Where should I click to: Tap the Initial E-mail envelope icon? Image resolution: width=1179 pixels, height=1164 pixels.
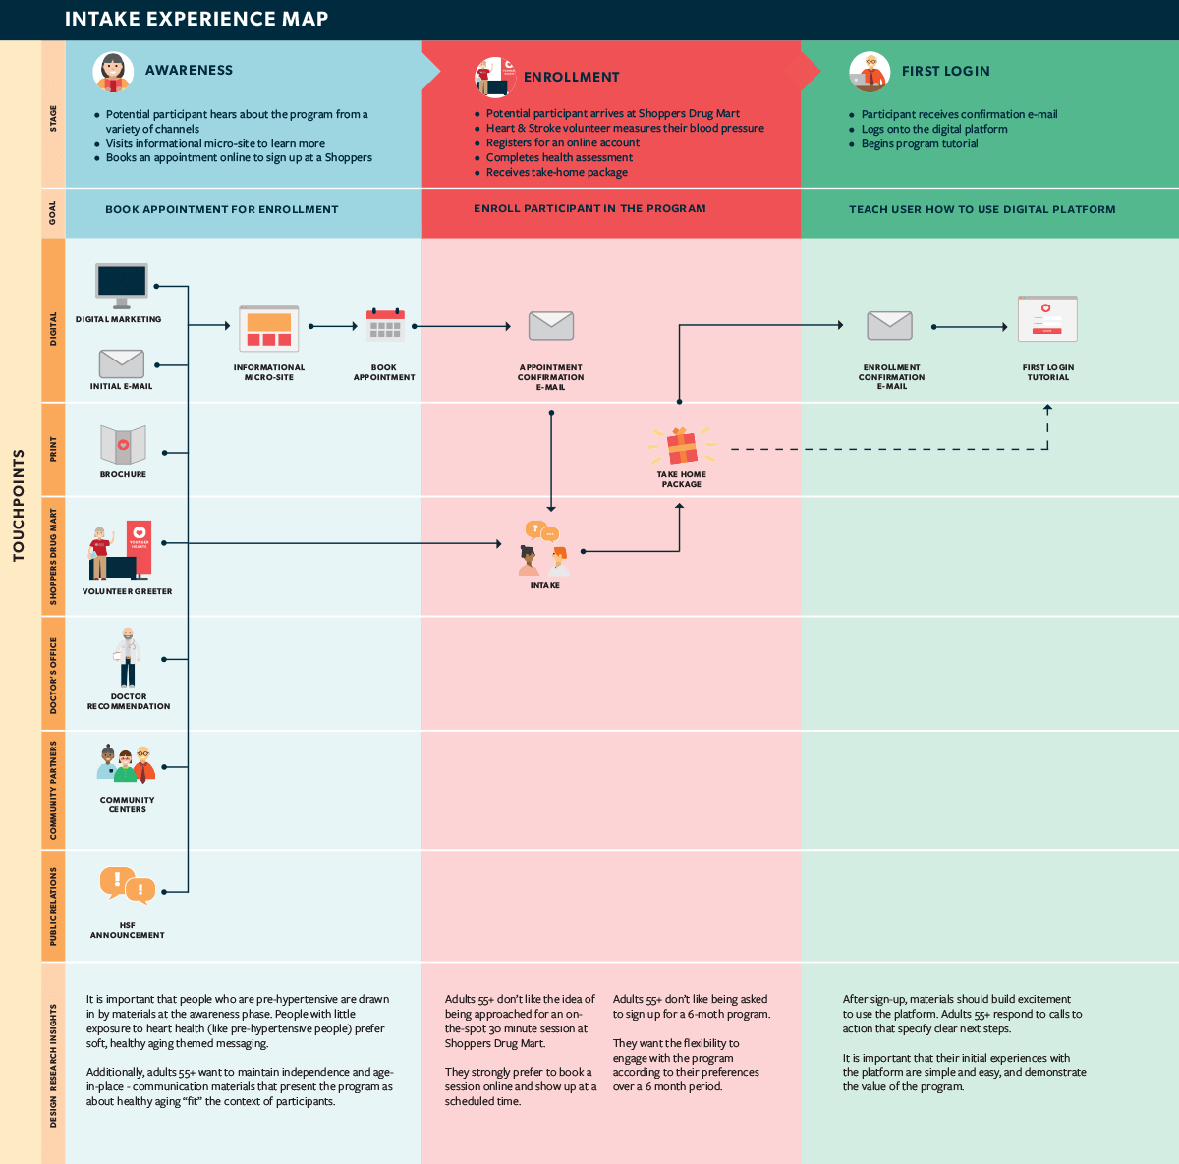[122, 363]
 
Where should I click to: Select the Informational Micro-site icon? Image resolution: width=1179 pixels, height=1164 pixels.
[269, 329]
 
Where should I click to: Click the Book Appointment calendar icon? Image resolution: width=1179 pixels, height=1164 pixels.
[384, 325]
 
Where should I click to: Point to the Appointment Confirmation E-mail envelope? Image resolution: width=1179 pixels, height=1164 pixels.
[550, 326]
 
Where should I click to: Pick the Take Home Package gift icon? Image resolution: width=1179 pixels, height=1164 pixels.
[681, 447]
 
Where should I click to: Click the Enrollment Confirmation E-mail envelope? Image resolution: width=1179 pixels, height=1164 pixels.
[890, 325]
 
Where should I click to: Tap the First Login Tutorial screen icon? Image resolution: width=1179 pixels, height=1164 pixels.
[1047, 319]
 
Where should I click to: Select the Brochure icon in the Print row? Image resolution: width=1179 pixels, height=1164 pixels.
[123, 445]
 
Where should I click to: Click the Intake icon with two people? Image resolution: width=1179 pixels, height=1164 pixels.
[544, 550]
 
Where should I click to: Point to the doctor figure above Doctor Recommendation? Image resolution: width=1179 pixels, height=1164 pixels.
[128, 656]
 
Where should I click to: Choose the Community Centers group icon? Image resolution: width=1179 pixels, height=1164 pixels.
[127, 765]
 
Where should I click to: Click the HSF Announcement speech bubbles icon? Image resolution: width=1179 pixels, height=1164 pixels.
[127, 885]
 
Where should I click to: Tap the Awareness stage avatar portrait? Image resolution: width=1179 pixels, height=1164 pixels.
[113, 72]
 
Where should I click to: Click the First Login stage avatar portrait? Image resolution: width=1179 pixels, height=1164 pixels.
[870, 72]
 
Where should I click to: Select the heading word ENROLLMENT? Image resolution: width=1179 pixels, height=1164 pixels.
[571, 77]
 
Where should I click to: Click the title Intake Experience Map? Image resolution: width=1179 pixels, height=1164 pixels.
[196, 19]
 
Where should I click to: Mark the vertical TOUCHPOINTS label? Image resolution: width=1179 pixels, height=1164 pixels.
[19, 506]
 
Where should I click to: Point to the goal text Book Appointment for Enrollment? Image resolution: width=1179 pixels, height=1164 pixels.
[222, 209]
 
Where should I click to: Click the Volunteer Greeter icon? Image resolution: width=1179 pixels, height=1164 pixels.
[121, 550]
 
